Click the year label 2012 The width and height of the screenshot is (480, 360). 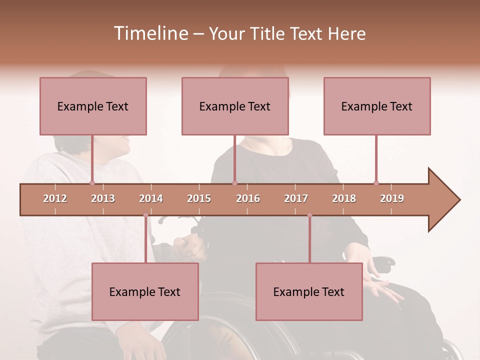[55, 198]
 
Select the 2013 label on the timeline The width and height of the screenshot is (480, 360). [103, 198]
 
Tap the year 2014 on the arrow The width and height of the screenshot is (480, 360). [151, 198]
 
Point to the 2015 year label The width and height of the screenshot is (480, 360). [199, 198]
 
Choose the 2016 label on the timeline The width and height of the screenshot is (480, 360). [248, 198]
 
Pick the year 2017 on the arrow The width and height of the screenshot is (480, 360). [296, 198]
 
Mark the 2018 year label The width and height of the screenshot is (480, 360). [344, 198]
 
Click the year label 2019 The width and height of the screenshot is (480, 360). [392, 198]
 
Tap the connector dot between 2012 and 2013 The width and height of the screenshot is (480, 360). [92, 183]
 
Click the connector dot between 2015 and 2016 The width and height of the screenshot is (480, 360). [234, 183]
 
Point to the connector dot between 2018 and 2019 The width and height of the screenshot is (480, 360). [376, 183]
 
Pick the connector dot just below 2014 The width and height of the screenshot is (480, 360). [145, 215]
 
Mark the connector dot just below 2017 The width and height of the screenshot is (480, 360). [309, 215]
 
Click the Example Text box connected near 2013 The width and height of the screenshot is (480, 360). [93, 106]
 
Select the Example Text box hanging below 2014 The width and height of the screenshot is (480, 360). [145, 292]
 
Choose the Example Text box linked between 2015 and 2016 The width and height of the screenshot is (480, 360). [235, 106]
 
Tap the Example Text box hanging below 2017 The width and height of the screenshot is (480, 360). [309, 292]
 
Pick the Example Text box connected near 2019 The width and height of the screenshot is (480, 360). [377, 106]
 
